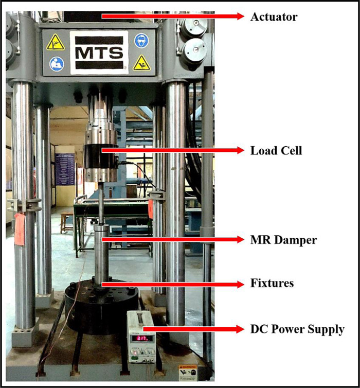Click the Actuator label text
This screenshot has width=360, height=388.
coord(274,17)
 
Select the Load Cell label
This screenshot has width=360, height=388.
coord(276,151)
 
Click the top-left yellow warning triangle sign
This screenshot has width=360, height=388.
coord(55,42)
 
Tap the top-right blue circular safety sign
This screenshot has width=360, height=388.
coord(141,41)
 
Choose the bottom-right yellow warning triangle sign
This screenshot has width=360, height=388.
coord(141,63)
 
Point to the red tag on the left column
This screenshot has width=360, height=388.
coord(20,228)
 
